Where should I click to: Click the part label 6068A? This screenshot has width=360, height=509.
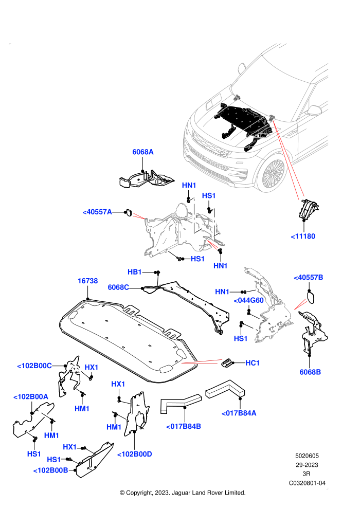[x=143, y=152]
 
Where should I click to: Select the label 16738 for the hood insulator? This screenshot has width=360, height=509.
[x=87, y=281]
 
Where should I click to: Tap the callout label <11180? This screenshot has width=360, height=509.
[x=303, y=237]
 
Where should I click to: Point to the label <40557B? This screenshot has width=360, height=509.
[x=309, y=278]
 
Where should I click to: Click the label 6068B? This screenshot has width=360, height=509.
[x=310, y=372]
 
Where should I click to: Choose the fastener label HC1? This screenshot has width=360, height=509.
[x=253, y=363]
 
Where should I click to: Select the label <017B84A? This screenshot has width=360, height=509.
[x=239, y=413]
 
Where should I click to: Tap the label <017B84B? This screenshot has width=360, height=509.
[x=184, y=427]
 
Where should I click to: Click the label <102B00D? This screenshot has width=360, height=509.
[x=134, y=454]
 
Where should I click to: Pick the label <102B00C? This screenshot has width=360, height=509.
[x=34, y=366]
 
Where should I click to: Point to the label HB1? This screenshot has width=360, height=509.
[x=134, y=272]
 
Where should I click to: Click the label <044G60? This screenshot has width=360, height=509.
[x=248, y=301]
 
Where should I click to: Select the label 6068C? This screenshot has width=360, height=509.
[x=118, y=287]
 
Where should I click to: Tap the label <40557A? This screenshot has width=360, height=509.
[x=97, y=212]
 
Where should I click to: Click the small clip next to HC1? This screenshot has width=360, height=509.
[x=227, y=362]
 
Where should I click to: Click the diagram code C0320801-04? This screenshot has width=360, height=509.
[x=307, y=483]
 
